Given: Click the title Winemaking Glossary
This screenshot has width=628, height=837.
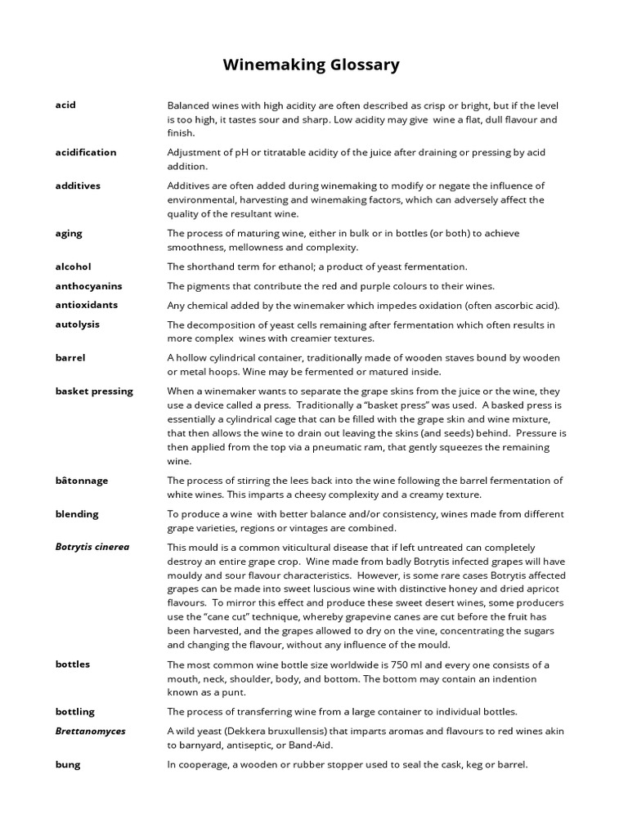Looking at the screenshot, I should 312,65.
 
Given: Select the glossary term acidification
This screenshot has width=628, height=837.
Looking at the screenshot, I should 86,152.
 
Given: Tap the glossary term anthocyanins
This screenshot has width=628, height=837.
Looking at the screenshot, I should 88,286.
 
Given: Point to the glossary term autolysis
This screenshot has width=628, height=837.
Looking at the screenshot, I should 78,324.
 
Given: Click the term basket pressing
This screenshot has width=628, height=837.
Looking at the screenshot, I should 94,391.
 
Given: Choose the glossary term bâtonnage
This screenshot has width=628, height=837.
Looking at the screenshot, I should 82,481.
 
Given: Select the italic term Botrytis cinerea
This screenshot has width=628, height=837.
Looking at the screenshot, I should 92,547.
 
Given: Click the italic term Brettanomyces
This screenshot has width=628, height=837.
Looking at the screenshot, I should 91,731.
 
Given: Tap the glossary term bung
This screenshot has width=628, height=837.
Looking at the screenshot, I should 68,764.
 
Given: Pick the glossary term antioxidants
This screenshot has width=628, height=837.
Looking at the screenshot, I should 87,305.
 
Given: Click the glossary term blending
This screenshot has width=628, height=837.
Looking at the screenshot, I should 77,514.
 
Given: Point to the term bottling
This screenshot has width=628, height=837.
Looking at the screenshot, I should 75,711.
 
